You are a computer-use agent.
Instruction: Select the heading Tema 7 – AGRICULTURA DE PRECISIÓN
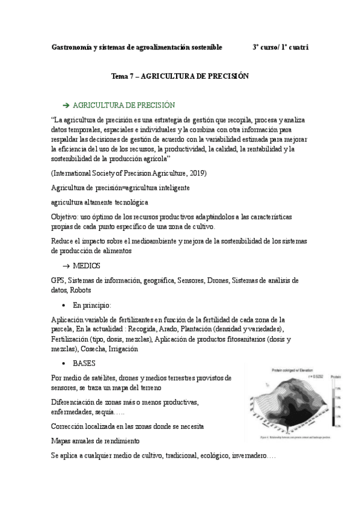[180, 77]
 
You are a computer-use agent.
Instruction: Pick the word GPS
[58, 280]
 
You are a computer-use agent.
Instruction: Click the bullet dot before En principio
[64, 306]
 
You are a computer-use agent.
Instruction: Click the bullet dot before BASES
[64, 364]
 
